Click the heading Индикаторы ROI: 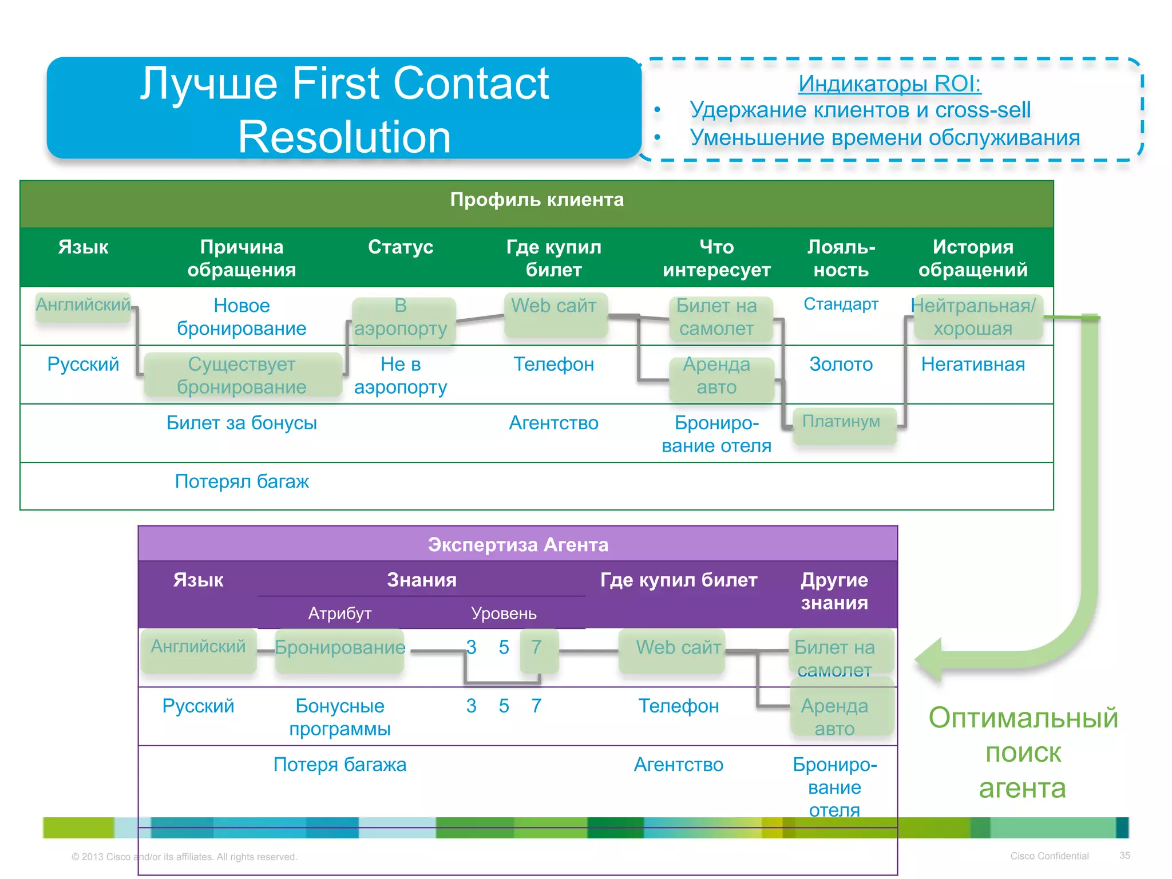point(889,84)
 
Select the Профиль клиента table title point(536,200)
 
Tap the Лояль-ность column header point(841,258)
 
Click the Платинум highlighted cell point(841,422)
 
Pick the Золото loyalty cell point(841,365)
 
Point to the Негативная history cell point(972,365)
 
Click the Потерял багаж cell point(241,482)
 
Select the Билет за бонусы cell point(241,423)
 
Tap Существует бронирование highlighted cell point(241,375)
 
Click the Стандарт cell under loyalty point(841,304)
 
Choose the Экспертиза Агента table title point(518,545)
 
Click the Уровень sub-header point(504,614)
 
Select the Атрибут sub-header point(340,614)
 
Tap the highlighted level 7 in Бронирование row point(537,648)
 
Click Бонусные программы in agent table point(340,717)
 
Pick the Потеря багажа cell point(340,765)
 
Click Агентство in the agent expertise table point(678,765)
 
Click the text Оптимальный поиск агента point(1023,753)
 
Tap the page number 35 point(1125,856)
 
